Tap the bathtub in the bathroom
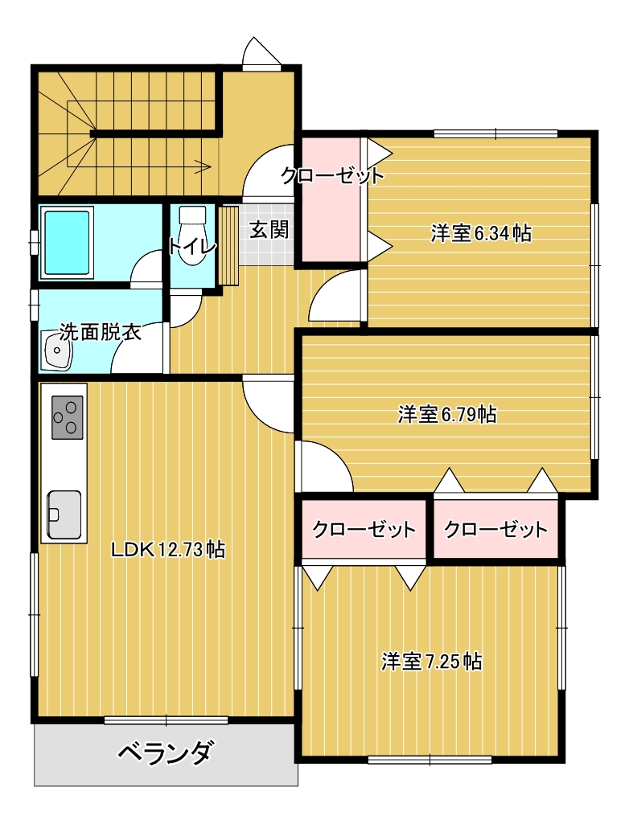[67, 243]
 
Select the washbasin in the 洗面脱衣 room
[57, 351]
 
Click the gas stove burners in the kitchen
[68, 417]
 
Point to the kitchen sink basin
[64, 514]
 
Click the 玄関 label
[269, 230]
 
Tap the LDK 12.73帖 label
[168, 550]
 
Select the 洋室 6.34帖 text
[481, 233]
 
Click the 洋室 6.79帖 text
[447, 414]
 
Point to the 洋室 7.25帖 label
[431, 661]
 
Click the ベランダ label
[166, 752]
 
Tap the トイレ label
[192, 246]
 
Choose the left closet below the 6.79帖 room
[364, 529]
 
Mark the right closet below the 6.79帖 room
[495, 529]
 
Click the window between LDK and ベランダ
[166, 720]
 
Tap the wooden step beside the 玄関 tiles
[228, 245]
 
